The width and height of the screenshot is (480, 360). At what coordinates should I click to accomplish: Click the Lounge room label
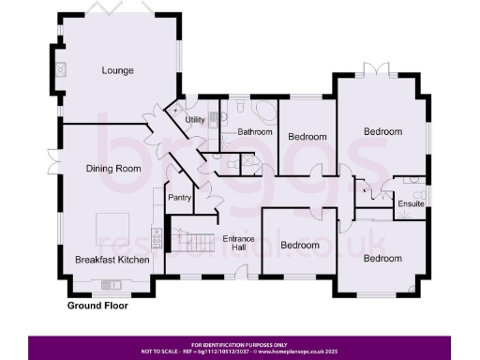[x=118, y=70]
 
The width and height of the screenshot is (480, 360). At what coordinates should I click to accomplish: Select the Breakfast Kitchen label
[x=112, y=259]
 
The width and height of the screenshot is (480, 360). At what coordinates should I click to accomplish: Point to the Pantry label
[x=180, y=198]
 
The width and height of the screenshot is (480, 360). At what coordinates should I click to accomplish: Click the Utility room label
[x=195, y=121]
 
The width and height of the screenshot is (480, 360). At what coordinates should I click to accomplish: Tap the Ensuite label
[x=411, y=203]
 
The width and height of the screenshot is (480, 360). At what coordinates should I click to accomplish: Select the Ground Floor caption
[x=97, y=306]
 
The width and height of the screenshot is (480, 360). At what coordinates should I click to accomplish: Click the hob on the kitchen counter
[x=157, y=240]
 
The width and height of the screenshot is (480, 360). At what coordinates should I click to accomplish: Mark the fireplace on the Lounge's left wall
[x=59, y=69]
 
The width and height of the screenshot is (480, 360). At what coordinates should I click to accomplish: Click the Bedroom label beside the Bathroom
[x=307, y=137]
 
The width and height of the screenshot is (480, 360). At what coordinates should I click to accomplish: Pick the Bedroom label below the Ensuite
[x=382, y=258]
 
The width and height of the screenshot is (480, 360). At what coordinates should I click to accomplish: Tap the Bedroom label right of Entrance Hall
[x=301, y=246]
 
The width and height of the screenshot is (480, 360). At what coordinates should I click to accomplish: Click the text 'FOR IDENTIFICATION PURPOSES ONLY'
[x=239, y=344]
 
